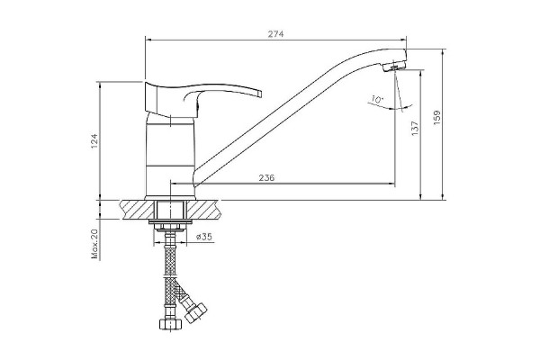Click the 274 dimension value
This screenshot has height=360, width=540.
275,34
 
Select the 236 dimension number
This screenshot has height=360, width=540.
266,178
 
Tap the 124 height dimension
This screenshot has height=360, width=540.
94,141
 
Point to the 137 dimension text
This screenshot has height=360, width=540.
415,128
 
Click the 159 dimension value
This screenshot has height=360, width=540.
436,117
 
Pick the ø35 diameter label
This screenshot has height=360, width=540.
204,237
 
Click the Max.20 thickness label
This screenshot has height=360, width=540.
94,244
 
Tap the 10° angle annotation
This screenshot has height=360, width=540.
377,100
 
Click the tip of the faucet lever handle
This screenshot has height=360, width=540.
260,94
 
